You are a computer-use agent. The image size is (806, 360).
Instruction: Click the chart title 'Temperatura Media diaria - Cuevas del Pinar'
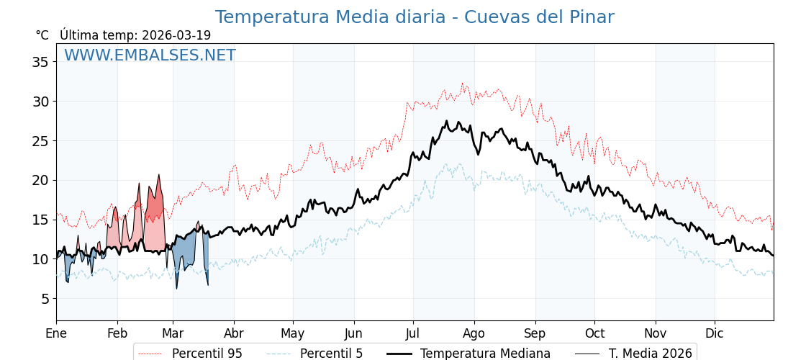[x=415, y=17]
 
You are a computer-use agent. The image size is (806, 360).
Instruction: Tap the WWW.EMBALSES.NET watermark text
[x=150, y=55]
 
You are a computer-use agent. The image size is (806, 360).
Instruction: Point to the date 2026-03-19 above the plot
[x=176, y=35]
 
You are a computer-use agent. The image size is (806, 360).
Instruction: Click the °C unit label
[x=42, y=35]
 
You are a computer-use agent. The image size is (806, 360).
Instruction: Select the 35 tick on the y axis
[x=40, y=62]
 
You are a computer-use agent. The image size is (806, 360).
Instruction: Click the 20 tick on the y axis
[x=40, y=180]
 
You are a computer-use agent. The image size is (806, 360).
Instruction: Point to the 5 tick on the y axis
[x=44, y=299]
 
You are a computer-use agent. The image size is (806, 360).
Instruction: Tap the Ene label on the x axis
[x=56, y=333]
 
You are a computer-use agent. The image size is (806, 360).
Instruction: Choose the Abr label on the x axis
[x=234, y=333]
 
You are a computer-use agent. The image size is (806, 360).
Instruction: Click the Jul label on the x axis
[x=413, y=333]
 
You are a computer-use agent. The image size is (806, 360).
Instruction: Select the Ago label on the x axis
[x=474, y=333]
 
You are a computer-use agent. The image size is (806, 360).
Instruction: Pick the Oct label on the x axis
[x=594, y=333]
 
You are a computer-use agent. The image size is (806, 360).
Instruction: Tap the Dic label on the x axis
[x=715, y=333]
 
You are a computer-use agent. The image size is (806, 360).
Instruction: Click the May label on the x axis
[x=293, y=333]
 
